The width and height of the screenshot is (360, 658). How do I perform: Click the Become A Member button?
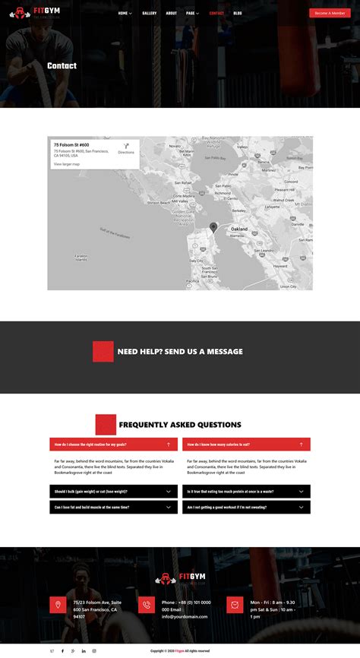coord(330,13)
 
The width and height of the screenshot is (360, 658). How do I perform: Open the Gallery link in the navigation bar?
coord(150,13)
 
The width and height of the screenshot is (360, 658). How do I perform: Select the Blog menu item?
coord(238,13)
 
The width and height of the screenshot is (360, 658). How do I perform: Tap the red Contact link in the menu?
coord(216,13)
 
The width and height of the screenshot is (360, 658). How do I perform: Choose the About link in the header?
coord(172,13)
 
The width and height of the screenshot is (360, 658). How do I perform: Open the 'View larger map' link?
coord(66,164)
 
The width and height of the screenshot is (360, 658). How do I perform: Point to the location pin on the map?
coord(213,227)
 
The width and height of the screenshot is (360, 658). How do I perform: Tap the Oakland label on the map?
coord(238,229)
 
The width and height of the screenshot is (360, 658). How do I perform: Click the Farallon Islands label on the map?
coord(82,257)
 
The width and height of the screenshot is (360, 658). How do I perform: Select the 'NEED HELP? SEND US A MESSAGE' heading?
coord(180,352)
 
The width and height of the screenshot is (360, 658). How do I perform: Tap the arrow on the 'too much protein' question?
coord(301,492)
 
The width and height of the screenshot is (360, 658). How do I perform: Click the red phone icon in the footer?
coord(147,605)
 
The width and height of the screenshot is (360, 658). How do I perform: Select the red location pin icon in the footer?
coord(56,605)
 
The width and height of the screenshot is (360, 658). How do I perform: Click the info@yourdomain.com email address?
coord(185,616)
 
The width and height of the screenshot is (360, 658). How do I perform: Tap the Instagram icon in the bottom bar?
coord(94,651)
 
